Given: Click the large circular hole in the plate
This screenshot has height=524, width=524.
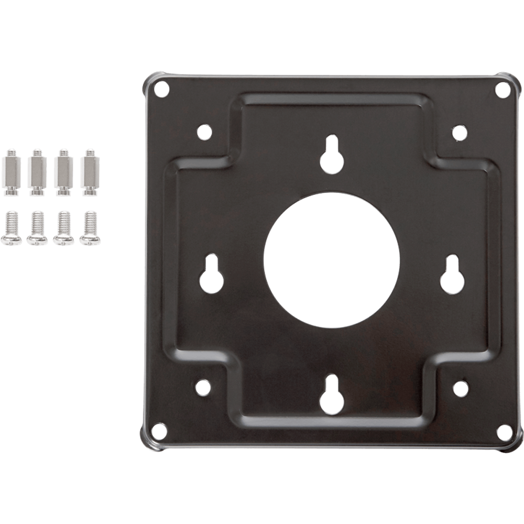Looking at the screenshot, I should tap(331, 260).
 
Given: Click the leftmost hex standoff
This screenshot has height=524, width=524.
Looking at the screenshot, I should tap(10, 172).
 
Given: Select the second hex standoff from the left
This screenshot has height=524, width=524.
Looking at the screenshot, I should tap(36, 172).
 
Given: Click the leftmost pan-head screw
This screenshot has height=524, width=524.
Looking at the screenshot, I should tap(10, 228).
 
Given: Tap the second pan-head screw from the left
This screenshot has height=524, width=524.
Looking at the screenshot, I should tap(36, 228).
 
